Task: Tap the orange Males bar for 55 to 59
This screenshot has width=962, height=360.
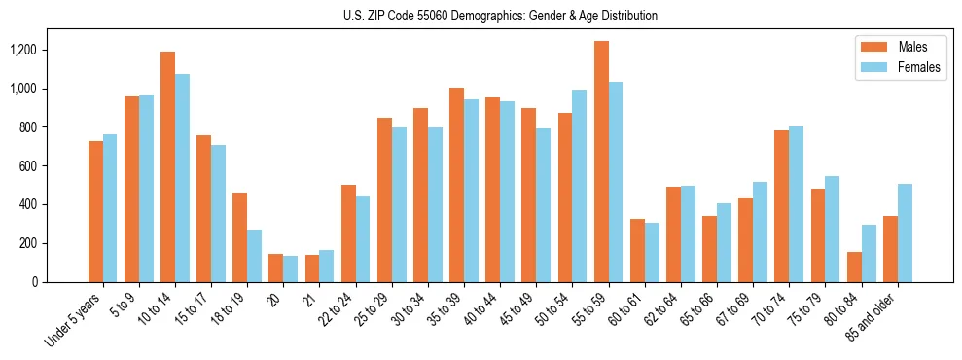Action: [601, 162]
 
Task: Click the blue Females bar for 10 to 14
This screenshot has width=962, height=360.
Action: [183, 178]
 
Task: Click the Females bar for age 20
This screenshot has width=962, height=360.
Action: [291, 270]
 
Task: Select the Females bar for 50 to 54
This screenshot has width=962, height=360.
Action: [580, 186]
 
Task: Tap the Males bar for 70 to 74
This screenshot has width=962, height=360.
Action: [781, 206]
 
